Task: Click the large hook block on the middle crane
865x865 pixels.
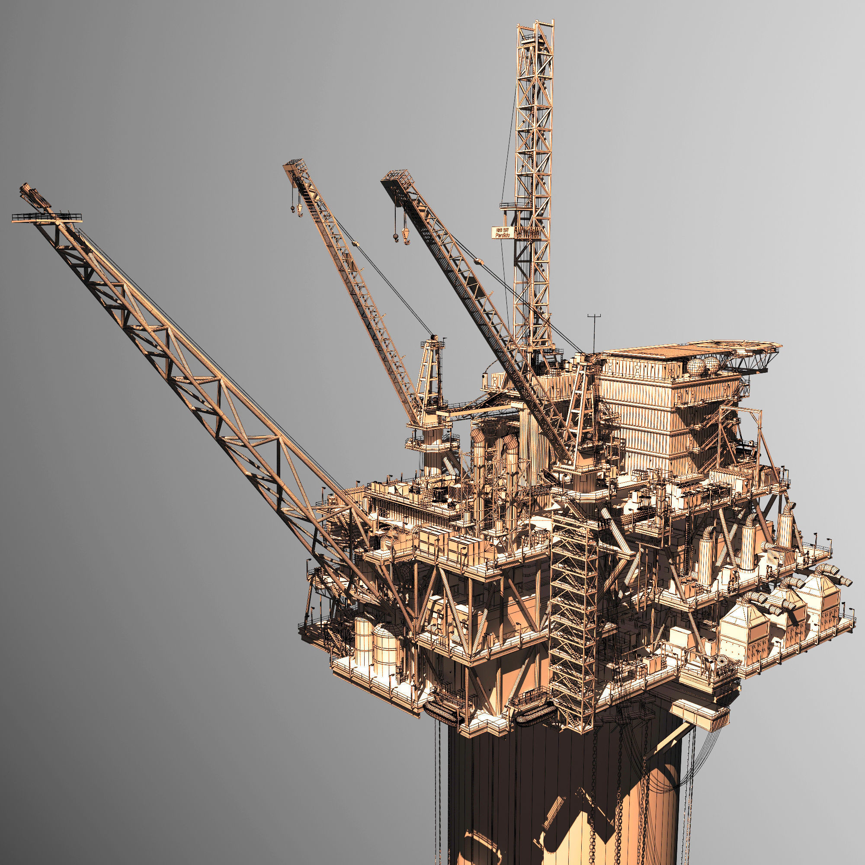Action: (x=299, y=209)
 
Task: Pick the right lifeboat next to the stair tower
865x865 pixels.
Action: (x=535, y=715)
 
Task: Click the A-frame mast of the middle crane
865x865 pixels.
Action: (x=430, y=372)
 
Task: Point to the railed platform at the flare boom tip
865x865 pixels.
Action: (x=47, y=218)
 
